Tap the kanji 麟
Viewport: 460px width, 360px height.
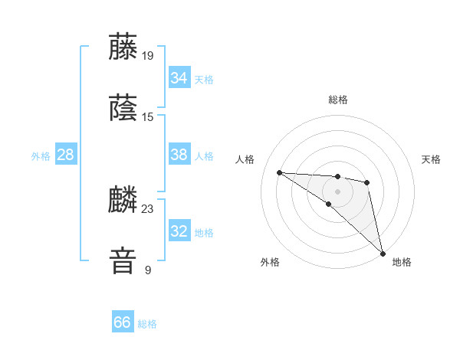pos(123,199)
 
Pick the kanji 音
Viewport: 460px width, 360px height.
pos(123,260)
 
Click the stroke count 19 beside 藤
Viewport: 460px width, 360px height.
pos(148,55)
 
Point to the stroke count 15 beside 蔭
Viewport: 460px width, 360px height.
pos(148,117)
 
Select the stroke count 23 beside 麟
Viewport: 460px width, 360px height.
pos(148,208)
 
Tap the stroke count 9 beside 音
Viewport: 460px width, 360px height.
pos(148,270)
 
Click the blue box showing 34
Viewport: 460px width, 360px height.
pos(179,78)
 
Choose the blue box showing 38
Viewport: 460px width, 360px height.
pos(179,155)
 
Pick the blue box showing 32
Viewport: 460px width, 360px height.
pos(179,231)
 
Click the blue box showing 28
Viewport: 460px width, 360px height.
pos(65,155)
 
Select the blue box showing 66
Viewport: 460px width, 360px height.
pos(122,322)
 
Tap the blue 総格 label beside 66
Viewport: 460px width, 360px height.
pos(147,324)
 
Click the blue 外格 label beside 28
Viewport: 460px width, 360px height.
pos(41,156)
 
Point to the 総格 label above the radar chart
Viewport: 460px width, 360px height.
pos(337,100)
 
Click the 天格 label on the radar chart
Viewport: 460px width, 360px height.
pos(431,159)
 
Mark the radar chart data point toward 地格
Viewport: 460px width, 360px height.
pos(383,253)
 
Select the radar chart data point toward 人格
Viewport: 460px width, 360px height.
pos(279,172)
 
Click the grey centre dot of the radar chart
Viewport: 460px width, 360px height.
pos(337,191)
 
